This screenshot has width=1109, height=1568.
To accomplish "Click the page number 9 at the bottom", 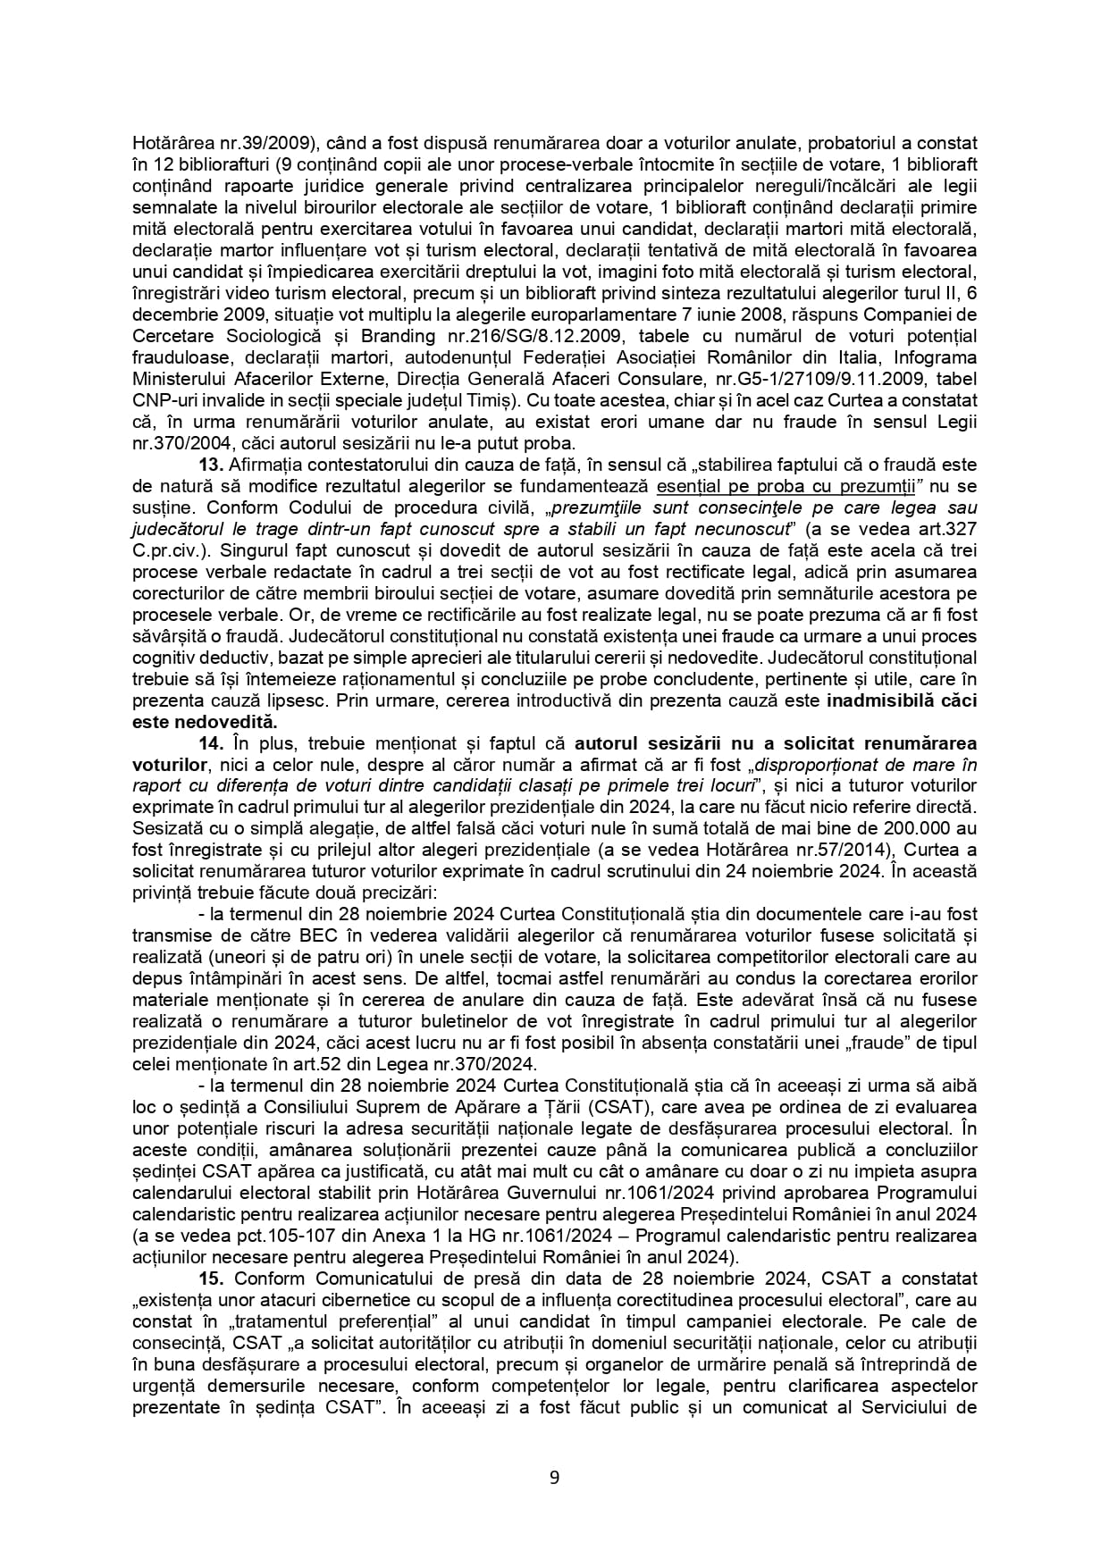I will (554, 1477).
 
